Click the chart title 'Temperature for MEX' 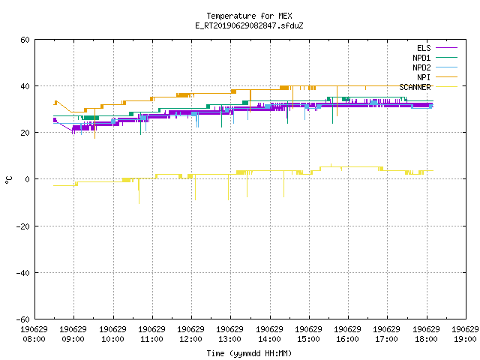[x=249, y=16]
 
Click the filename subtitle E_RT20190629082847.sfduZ [x=249, y=25]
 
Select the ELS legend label [x=424, y=48]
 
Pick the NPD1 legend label [x=421, y=58]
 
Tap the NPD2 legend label [x=421, y=67]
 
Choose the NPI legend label [x=424, y=77]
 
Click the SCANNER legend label [x=415, y=87]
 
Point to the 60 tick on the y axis [x=25, y=40]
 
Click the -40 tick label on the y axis [x=23, y=273]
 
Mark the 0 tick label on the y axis [x=27, y=179]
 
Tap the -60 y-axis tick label [x=23, y=319]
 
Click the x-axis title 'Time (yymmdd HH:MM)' [x=249, y=353]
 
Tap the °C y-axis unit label [x=8, y=180]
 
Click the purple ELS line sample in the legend [x=446, y=48]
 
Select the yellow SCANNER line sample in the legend [x=446, y=87]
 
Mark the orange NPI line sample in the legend [x=446, y=77]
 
